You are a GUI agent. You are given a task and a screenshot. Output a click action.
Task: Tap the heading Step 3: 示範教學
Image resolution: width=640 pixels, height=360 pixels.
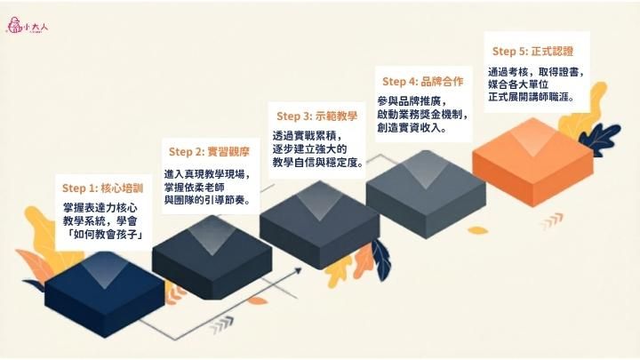click(x=316, y=116)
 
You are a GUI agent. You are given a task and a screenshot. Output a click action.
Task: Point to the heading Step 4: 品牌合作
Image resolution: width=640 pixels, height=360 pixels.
click(x=423, y=82)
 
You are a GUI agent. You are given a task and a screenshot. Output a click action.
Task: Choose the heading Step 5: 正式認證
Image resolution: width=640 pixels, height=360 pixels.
click(x=533, y=51)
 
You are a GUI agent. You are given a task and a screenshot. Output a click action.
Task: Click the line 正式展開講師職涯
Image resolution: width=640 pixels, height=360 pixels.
click(x=531, y=95)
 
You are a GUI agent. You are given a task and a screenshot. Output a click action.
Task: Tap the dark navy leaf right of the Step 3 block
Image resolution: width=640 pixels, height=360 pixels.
click(x=380, y=258)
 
